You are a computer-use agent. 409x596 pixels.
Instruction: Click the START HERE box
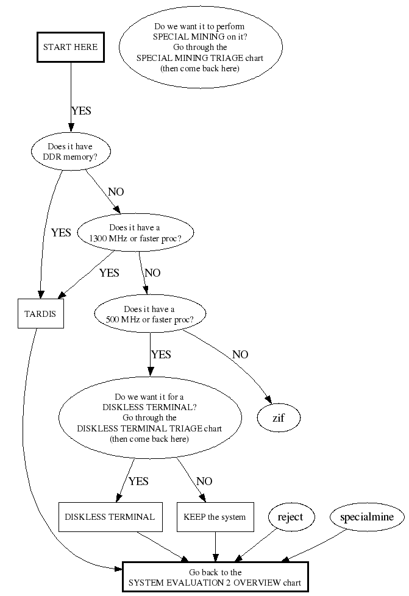click(70, 47)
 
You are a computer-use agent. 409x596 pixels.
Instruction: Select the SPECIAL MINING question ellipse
click(201, 48)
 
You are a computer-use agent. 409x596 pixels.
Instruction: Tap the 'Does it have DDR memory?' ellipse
click(70, 151)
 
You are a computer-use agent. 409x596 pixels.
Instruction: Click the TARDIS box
click(41, 314)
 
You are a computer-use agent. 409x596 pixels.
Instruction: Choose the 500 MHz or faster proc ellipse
click(149, 314)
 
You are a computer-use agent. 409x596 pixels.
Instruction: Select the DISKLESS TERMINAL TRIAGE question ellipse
click(149, 417)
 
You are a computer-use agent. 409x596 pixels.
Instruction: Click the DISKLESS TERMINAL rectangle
click(110, 517)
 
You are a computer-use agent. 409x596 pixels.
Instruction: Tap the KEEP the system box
click(215, 517)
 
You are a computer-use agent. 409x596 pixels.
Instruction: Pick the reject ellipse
click(290, 517)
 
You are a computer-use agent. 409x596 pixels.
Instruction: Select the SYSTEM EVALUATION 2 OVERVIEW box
click(215, 577)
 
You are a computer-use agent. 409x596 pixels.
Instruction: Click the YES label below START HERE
click(81, 111)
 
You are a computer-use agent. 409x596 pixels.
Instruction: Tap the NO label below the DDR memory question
click(116, 192)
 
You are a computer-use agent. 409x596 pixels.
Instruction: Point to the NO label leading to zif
click(240, 355)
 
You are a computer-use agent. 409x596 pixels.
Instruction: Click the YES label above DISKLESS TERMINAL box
click(138, 481)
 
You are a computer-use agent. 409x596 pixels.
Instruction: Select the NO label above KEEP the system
click(204, 481)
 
